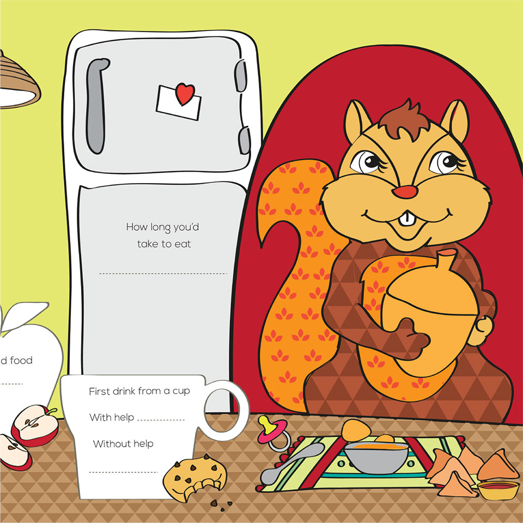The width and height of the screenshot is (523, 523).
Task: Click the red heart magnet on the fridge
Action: [x=185, y=94]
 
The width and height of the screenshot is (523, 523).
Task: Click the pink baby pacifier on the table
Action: [x=270, y=432]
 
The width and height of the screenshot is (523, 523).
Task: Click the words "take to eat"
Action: [x=164, y=244]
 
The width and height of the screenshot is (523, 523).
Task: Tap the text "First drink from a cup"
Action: [x=139, y=391]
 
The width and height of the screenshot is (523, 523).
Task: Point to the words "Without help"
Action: [x=123, y=443]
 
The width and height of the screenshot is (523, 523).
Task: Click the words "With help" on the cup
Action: [x=108, y=418]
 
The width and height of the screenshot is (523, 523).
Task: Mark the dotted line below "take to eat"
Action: [x=163, y=273]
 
